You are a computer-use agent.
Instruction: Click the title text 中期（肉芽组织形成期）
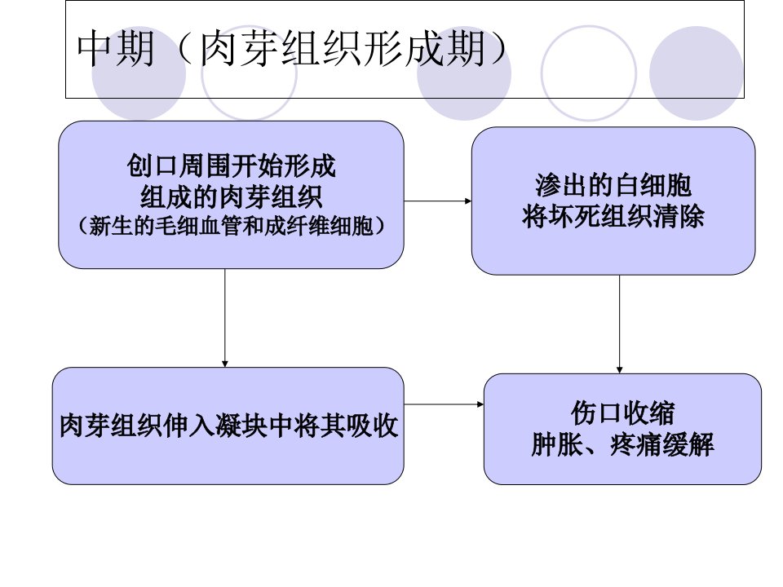pos(293,48)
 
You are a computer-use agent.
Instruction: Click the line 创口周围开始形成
pos(231,166)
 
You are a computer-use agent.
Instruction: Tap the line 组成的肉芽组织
pos(231,196)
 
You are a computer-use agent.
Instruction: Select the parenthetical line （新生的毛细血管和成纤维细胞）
pos(231,226)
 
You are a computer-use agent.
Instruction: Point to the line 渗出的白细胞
pos(613,185)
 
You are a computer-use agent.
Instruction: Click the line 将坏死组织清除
pos(613,216)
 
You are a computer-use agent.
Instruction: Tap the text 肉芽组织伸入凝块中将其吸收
pos(228,426)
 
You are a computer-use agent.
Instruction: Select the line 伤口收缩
pos(622,413)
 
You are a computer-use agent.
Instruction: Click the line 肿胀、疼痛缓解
pos(622,444)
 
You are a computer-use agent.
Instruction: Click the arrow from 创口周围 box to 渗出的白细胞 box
pos(437,201)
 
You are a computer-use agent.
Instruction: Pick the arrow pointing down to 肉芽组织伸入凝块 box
pos(225,318)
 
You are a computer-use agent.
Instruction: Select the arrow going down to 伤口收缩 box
pos(619,324)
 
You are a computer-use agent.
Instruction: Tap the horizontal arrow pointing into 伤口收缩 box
pos(444,404)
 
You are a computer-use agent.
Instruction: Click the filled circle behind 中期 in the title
pos(139,73)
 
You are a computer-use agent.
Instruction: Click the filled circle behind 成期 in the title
pos(464,73)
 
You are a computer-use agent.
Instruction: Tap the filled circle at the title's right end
pos(697,73)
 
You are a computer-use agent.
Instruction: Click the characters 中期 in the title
pos(116,48)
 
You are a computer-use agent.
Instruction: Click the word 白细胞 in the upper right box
pos(652,185)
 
